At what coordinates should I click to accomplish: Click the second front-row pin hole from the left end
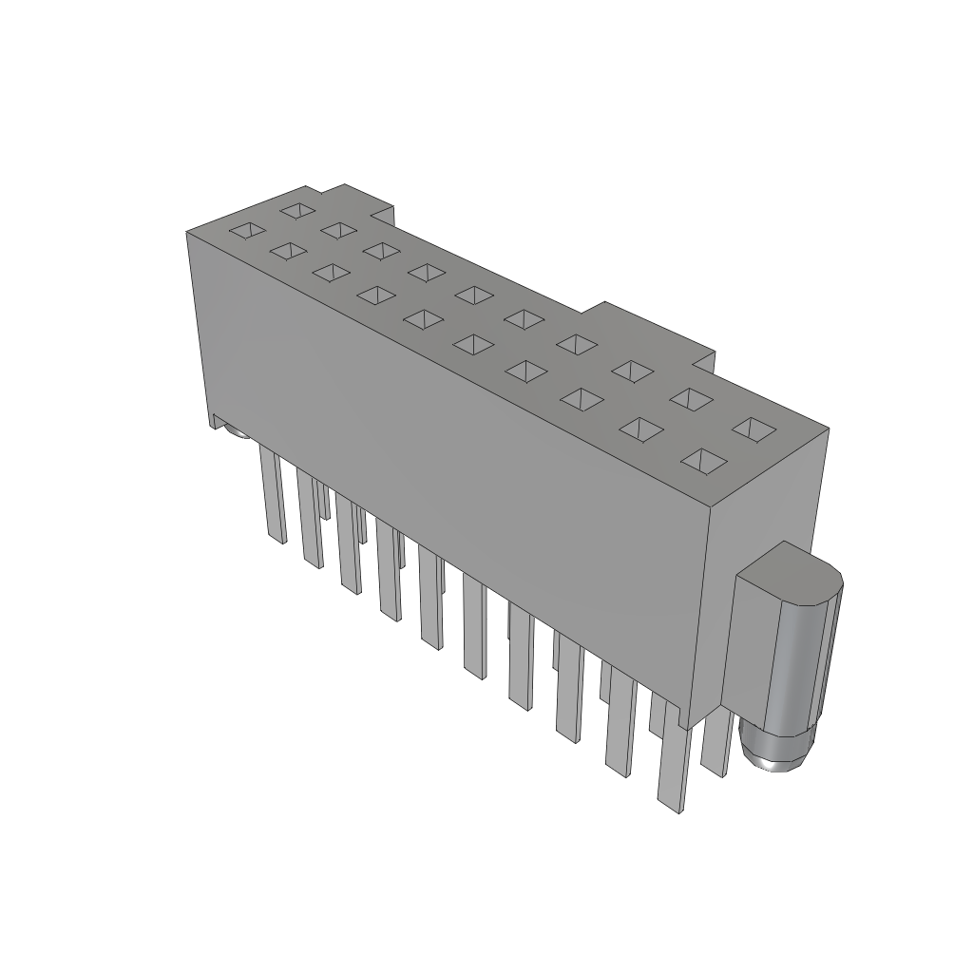286,251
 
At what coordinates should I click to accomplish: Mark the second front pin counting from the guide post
619,722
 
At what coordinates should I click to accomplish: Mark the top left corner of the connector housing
187,232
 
